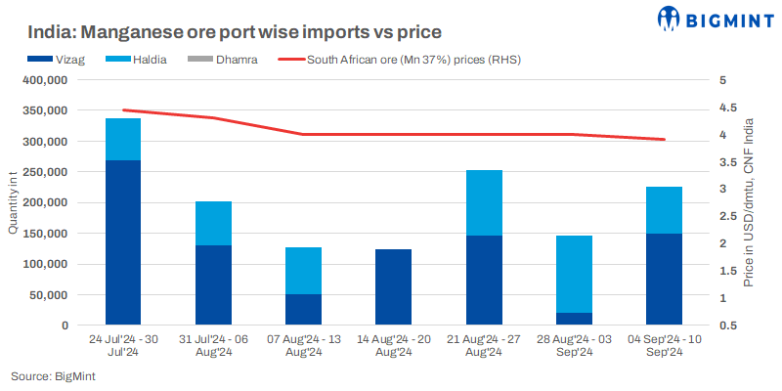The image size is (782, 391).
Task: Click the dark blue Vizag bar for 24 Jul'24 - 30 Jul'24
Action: [x=123, y=242]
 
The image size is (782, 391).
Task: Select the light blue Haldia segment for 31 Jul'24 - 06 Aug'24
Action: [x=213, y=223]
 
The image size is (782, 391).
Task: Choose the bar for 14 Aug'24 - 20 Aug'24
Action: [x=394, y=286]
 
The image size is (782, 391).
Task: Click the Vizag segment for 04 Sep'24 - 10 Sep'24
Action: [x=665, y=279]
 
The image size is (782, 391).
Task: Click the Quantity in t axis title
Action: [x=13, y=203]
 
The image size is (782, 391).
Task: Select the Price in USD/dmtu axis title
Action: [x=748, y=203]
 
